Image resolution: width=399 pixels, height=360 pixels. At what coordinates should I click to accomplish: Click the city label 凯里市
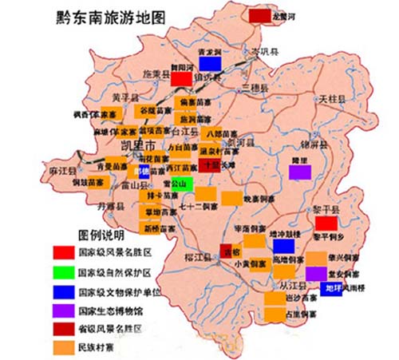tap(140, 149)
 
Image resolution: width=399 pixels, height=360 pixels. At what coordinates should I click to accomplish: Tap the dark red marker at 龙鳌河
tap(259, 14)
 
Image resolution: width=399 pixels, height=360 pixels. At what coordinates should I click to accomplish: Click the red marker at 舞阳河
tap(181, 78)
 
